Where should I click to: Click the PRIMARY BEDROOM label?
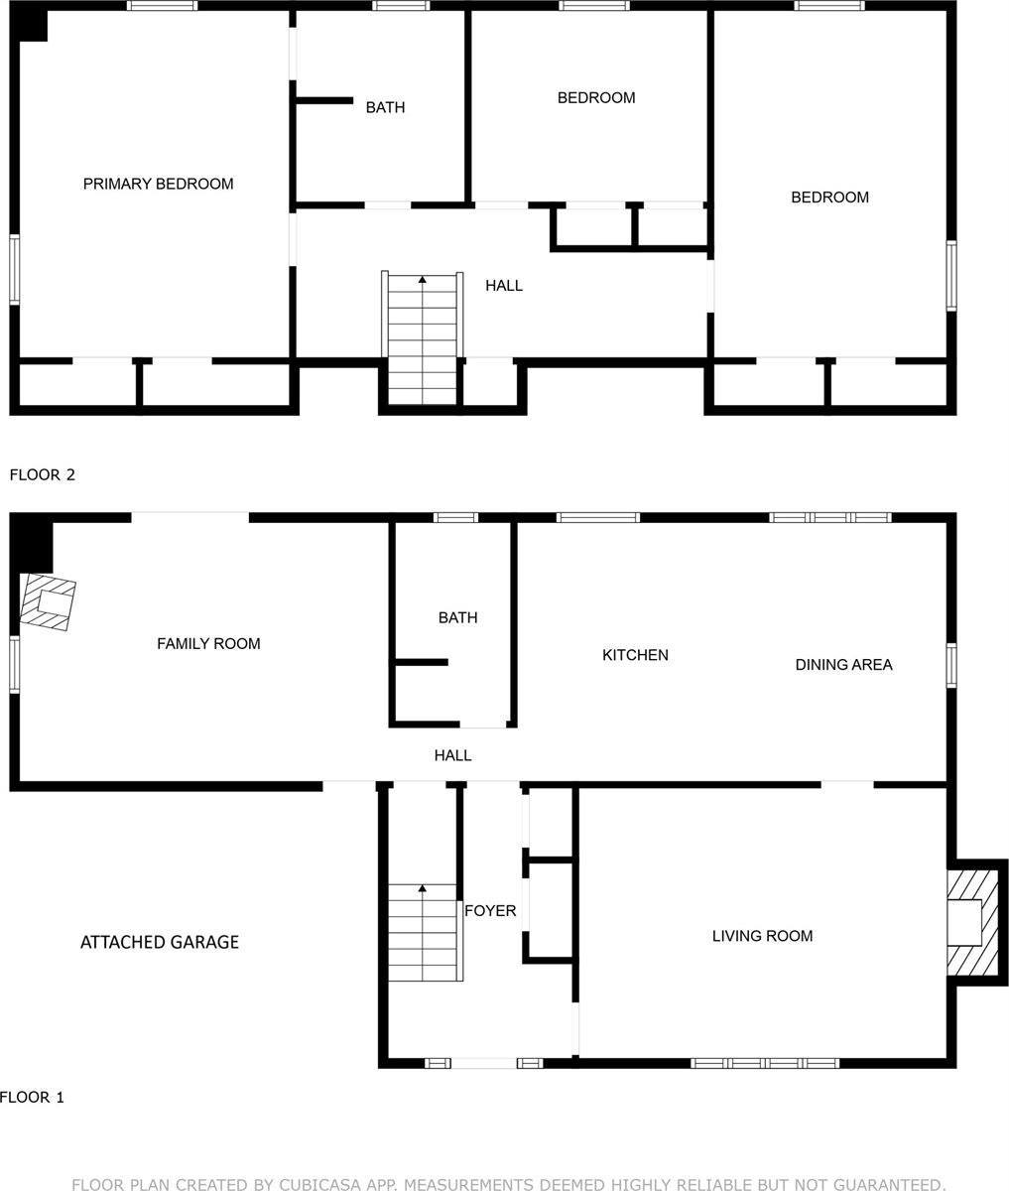tap(158, 184)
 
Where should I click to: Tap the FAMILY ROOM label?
tap(208, 644)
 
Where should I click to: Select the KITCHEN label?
tap(635, 655)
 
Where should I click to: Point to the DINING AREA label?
tap(843, 665)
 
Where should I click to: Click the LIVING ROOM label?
tap(762, 936)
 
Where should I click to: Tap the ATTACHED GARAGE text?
tap(159, 942)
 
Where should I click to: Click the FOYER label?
tap(490, 910)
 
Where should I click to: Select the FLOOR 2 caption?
tap(42, 474)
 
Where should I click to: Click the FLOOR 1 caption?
tap(32, 1098)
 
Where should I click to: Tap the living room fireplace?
tap(968, 923)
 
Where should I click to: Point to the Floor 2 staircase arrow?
tap(423, 281)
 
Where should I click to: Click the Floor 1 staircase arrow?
tap(423, 888)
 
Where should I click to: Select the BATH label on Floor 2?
tap(385, 107)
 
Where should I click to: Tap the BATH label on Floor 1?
tap(457, 618)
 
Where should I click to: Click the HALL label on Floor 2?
tap(504, 286)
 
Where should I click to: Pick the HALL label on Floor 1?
tap(452, 756)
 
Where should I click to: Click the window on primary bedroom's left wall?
tap(14, 268)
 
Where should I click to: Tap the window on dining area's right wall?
tap(950, 665)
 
